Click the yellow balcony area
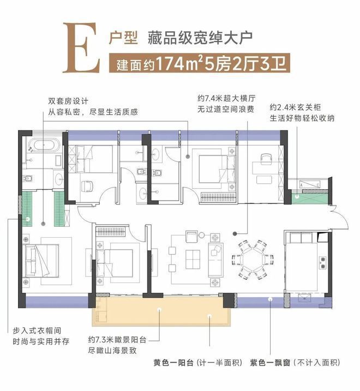[164, 314]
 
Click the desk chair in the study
[266, 158]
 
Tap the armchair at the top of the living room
[191, 236]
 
